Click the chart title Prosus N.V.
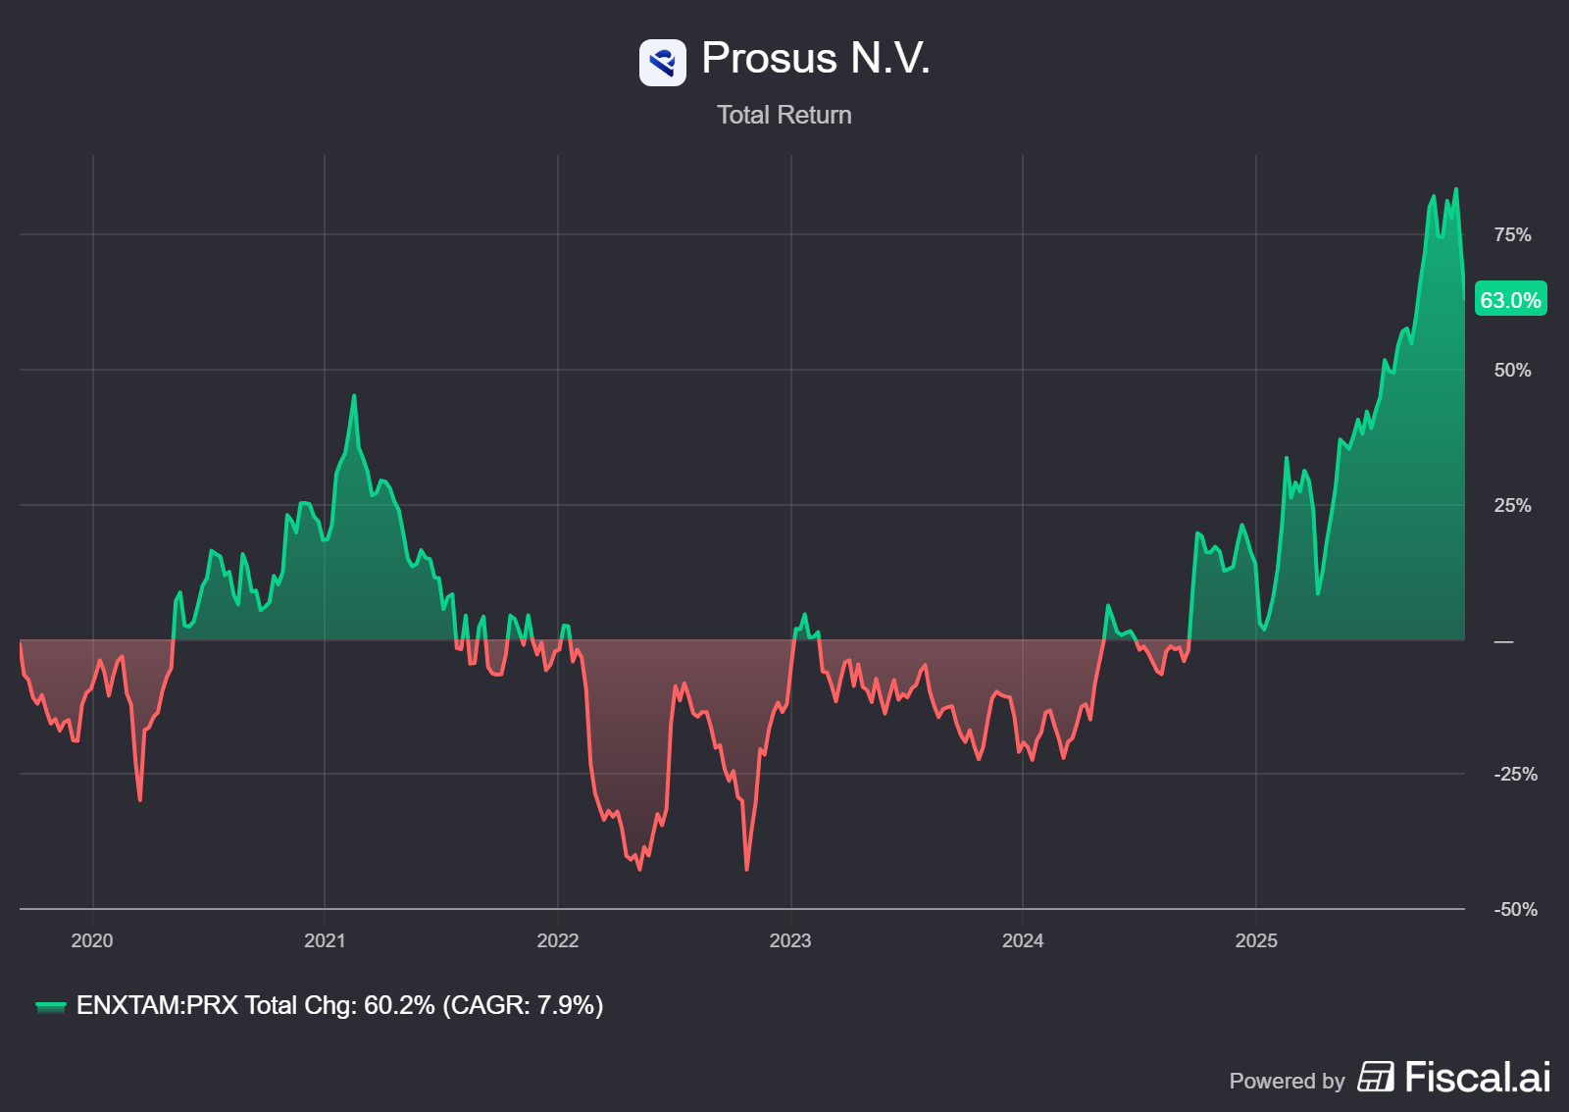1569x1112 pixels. click(815, 59)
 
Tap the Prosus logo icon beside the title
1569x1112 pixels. click(662, 63)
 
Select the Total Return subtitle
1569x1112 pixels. click(784, 115)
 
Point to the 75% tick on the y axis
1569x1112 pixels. click(1511, 234)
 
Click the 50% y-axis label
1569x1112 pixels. click(1511, 370)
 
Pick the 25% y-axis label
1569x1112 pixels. click(1511, 505)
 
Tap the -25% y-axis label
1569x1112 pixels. click(1514, 774)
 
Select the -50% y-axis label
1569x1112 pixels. click(1514, 909)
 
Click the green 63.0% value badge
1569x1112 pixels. click(1510, 300)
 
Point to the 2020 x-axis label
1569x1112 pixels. click(92, 940)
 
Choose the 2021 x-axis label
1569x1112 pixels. click(325, 940)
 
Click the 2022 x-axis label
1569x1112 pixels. click(557, 940)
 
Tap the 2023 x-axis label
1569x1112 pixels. click(789, 940)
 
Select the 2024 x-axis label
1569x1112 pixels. click(1022, 940)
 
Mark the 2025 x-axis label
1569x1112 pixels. click(1255, 940)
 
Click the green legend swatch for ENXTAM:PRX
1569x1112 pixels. click(50, 1006)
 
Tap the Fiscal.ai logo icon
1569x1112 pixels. click(1375, 1077)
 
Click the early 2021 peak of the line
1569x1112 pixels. click(354, 396)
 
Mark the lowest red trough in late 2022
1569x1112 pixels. click(746, 869)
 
